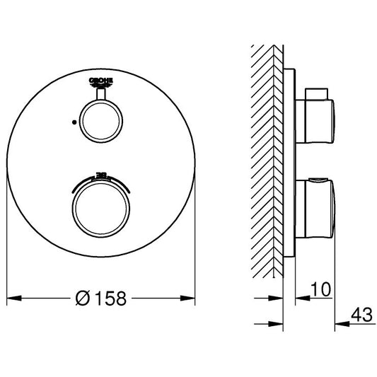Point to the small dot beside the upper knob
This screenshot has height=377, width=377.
(73, 121)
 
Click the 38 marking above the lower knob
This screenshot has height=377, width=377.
(100, 172)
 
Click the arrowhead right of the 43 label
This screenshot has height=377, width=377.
(339, 324)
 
